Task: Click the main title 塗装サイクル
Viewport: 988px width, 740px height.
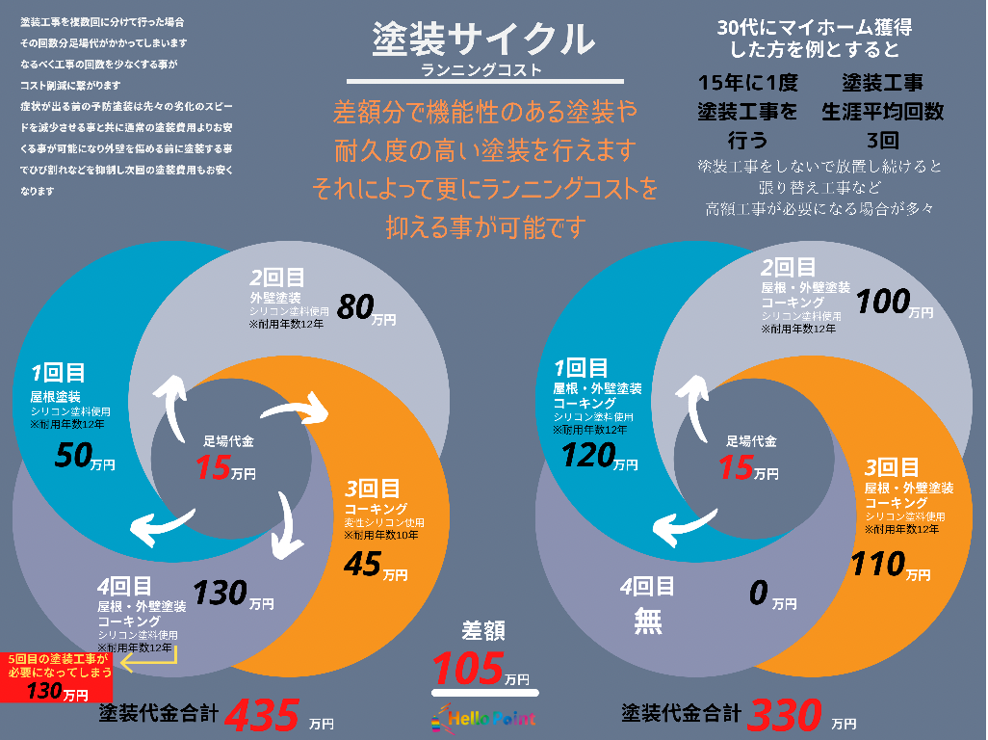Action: pyautogui.click(x=482, y=40)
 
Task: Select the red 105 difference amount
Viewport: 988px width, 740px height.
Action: pyautogui.click(x=469, y=668)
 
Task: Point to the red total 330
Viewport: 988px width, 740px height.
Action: pyautogui.click(x=785, y=716)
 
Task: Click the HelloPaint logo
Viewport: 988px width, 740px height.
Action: pyautogui.click(x=484, y=718)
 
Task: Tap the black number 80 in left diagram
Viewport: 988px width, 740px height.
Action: pyautogui.click(x=355, y=307)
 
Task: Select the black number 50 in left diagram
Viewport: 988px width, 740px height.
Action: pyautogui.click(x=73, y=455)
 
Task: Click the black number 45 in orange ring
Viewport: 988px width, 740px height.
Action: pyautogui.click(x=363, y=564)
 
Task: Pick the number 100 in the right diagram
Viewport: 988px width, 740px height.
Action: pyautogui.click(x=883, y=302)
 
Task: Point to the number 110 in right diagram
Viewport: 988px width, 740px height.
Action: pyautogui.click(x=877, y=563)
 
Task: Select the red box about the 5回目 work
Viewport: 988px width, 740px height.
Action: pyautogui.click(x=57, y=677)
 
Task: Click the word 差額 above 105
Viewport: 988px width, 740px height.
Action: pyautogui.click(x=482, y=631)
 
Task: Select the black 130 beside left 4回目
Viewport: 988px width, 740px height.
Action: pyautogui.click(x=220, y=593)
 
